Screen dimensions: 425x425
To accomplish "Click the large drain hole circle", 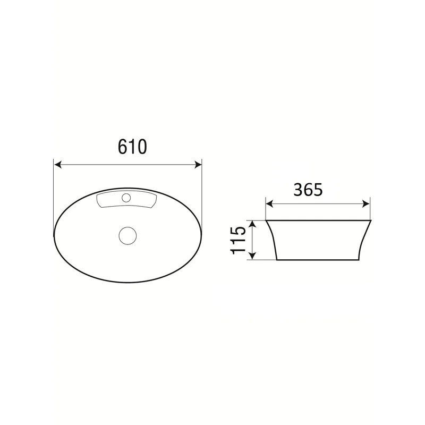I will (128, 234).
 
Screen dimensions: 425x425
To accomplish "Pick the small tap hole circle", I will (126, 198).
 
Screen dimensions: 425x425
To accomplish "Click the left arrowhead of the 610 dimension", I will (58, 165).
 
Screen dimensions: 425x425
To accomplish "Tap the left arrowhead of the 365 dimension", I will (269, 203).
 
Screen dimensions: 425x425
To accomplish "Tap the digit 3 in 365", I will (298, 189).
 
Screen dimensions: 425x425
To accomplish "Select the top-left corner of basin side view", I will (266, 220).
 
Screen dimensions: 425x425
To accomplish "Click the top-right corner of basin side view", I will (370, 220).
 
